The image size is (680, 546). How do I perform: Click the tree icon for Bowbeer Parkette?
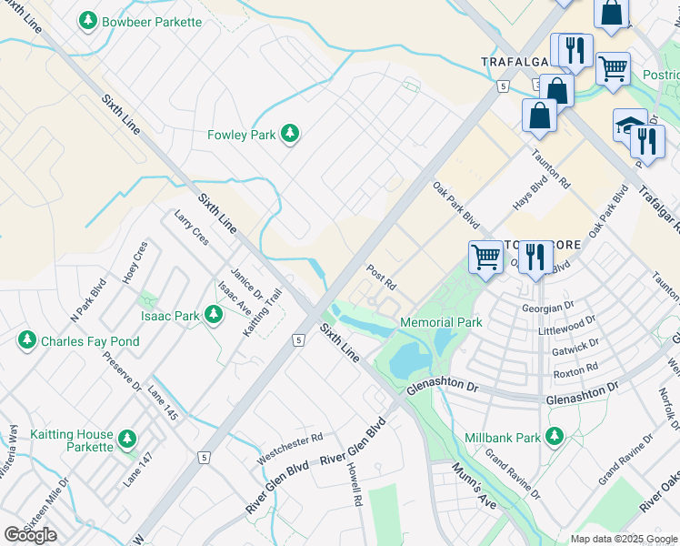[88, 20]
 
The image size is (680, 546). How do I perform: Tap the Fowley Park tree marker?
[290, 135]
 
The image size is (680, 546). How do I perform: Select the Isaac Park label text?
[170, 317]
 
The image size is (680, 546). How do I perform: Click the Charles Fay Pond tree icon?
[27, 341]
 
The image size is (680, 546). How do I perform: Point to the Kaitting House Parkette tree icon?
[126, 440]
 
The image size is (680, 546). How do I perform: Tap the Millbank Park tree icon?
[553, 438]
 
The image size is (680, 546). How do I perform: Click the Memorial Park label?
[441, 322]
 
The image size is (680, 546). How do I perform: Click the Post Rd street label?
[381, 277]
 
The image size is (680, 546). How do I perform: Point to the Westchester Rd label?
[290, 447]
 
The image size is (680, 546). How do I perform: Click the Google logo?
[30, 535]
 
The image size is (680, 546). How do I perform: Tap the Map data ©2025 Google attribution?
[624, 539]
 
